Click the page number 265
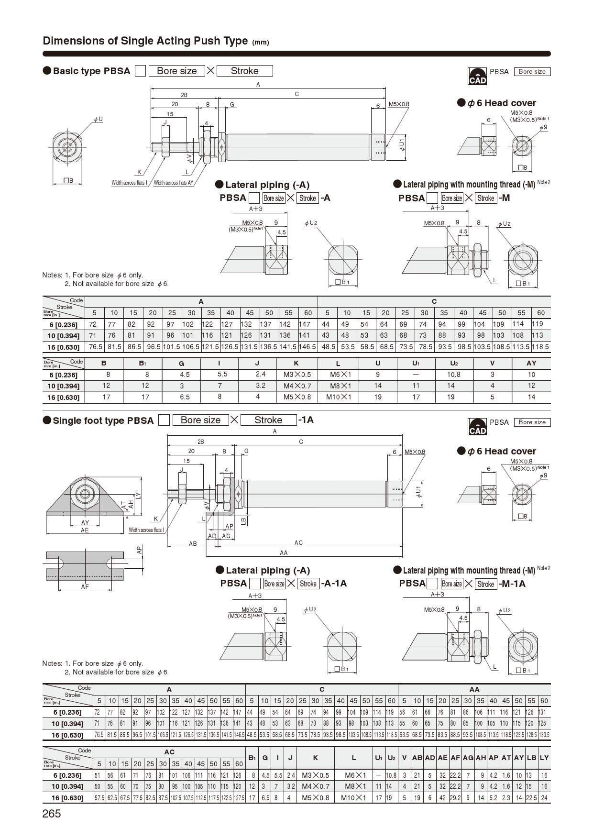(x=52, y=813)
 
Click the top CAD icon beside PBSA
(x=477, y=76)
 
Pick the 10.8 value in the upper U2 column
(x=453, y=375)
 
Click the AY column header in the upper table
(x=531, y=363)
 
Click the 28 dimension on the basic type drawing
(x=184, y=95)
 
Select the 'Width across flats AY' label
(x=173, y=183)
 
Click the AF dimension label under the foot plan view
(x=85, y=586)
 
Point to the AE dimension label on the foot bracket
(x=85, y=530)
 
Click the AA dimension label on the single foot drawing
(x=284, y=552)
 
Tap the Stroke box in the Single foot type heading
(x=268, y=420)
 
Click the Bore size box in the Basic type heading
(x=176, y=71)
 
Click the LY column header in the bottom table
(x=544, y=758)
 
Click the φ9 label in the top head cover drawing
(x=543, y=127)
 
